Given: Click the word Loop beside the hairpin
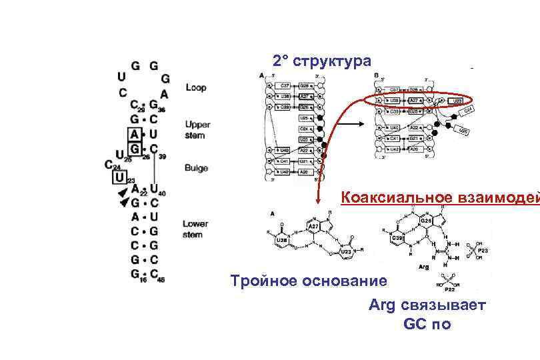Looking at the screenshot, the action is (x=196, y=87).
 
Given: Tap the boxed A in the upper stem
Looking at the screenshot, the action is (x=134, y=134).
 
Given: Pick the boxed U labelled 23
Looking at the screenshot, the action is (x=119, y=177).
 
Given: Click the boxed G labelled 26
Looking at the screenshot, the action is (x=134, y=147).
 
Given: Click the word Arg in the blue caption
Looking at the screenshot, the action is (x=383, y=305).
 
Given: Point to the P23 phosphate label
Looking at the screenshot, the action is (x=482, y=250).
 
